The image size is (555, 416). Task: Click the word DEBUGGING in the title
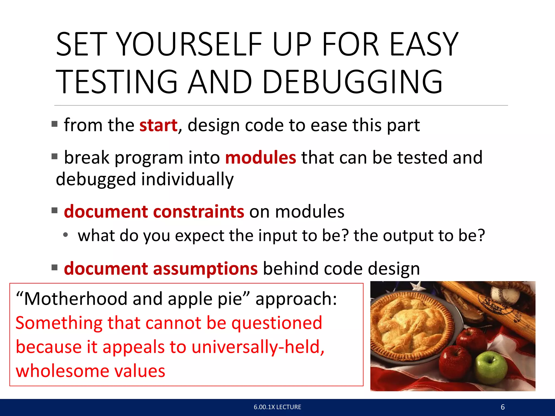pyautogui.click(x=352, y=82)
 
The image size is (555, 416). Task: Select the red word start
pyautogui.click(x=159, y=125)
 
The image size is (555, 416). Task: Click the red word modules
pyautogui.click(x=260, y=158)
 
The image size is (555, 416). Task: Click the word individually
pyautogui.click(x=187, y=179)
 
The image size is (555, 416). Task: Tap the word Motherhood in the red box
pyautogui.click(x=76, y=299)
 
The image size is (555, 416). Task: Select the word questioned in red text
pyautogui.click(x=277, y=323)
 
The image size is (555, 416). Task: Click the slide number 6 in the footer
pyautogui.click(x=503, y=407)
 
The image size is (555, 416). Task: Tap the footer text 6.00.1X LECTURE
pyautogui.click(x=277, y=407)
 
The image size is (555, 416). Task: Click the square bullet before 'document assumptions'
pyautogui.click(x=55, y=268)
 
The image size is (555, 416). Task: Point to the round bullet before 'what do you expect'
pyautogui.click(x=65, y=235)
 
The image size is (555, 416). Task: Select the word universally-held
pyautogui.click(x=258, y=347)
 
